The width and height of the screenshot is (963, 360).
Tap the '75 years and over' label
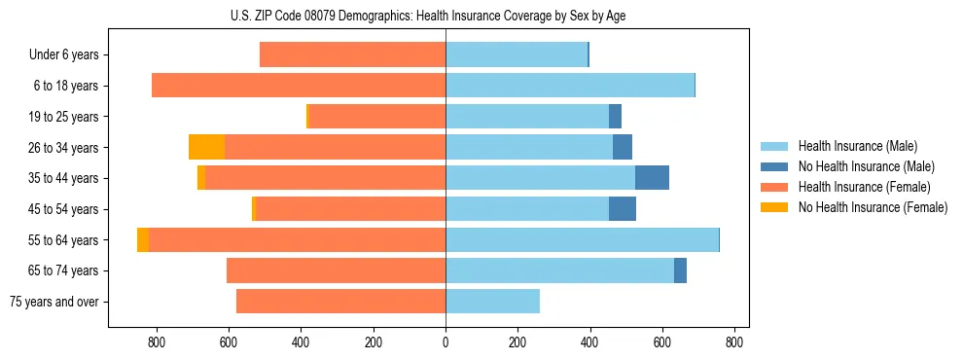pos(54,302)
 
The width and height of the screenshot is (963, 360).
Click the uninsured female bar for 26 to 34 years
pos(206,147)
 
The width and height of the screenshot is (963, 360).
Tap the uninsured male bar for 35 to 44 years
pos(652,178)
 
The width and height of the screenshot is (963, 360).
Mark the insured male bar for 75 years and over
pos(492,302)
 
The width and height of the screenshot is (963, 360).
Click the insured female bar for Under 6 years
pos(352,54)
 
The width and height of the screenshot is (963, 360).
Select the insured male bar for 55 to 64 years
pos(582,239)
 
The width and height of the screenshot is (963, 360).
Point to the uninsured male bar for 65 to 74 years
pos(680,270)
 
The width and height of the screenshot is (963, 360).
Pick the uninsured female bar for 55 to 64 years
pos(143,239)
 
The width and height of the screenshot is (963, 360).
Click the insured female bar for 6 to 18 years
pos(299,86)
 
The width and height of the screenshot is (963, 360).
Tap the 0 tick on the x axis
pos(446,342)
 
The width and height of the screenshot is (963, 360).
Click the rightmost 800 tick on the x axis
pos(734,342)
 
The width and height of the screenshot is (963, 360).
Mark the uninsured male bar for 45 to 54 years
pos(623,209)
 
